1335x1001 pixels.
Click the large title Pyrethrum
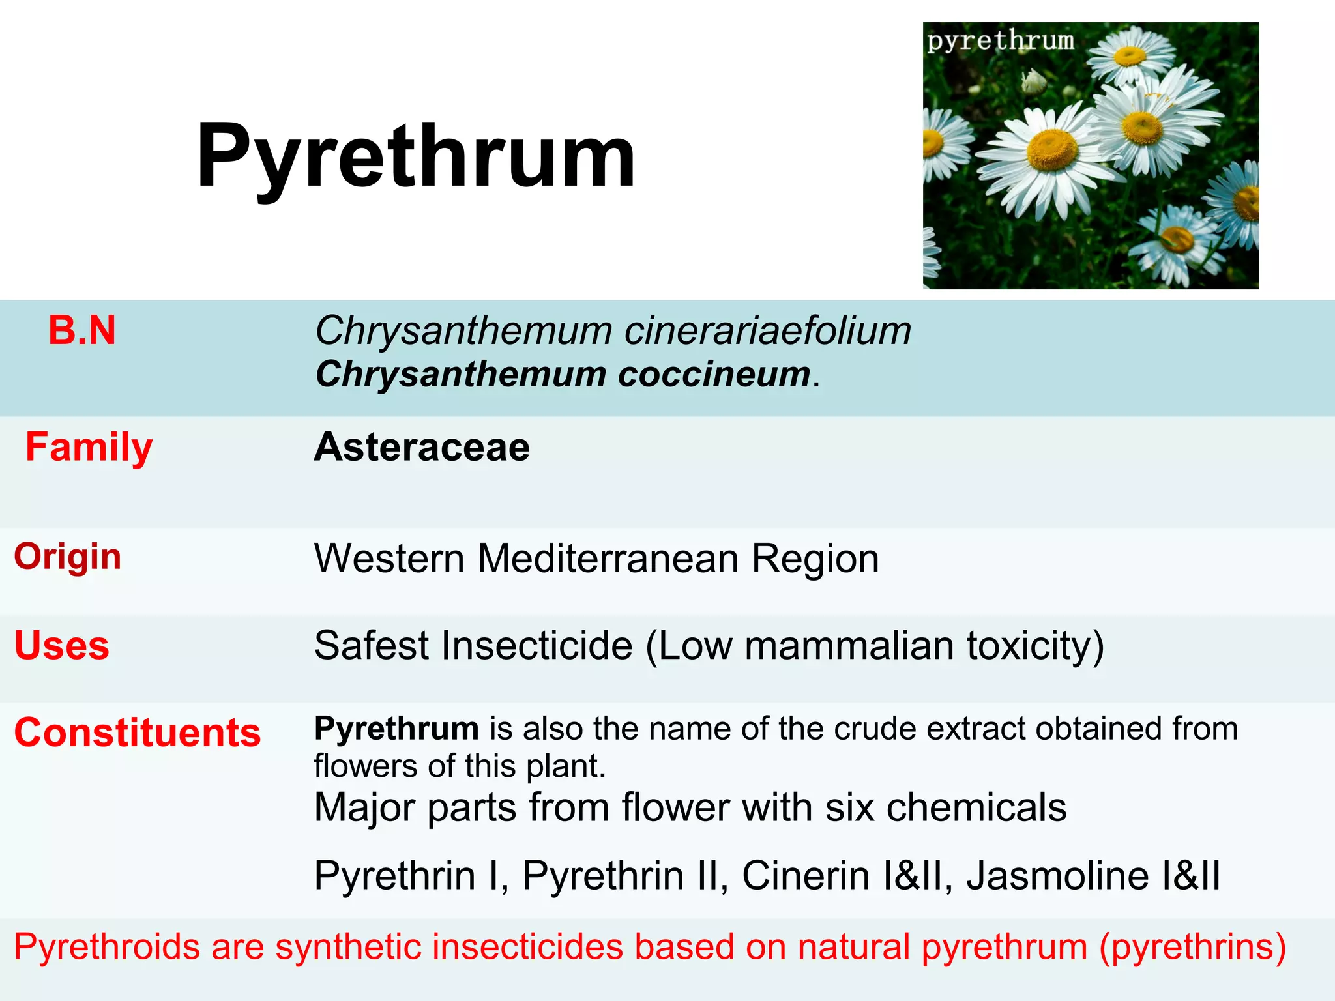tap(416, 156)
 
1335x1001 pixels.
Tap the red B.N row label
tap(82, 330)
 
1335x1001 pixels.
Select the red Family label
tap(89, 447)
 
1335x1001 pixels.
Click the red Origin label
tap(68, 557)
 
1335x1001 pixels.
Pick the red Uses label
tap(62, 645)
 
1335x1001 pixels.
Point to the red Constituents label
tap(138, 733)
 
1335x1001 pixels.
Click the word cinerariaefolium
tap(767, 330)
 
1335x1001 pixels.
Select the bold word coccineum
tap(714, 374)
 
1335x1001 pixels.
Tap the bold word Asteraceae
tap(422, 447)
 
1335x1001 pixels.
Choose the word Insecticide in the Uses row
tap(536, 645)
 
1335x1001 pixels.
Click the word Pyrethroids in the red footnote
tap(107, 946)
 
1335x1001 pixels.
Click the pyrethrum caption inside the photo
tap(1001, 40)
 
